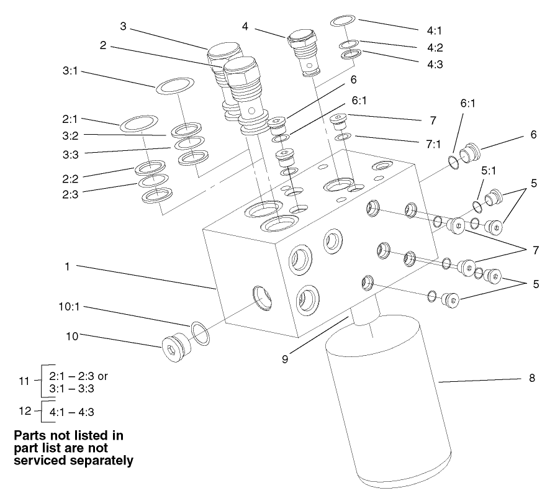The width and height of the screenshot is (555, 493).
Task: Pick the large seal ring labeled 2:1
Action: [x=138, y=124]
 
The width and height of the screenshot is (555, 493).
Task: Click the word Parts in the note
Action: [x=31, y=436]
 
